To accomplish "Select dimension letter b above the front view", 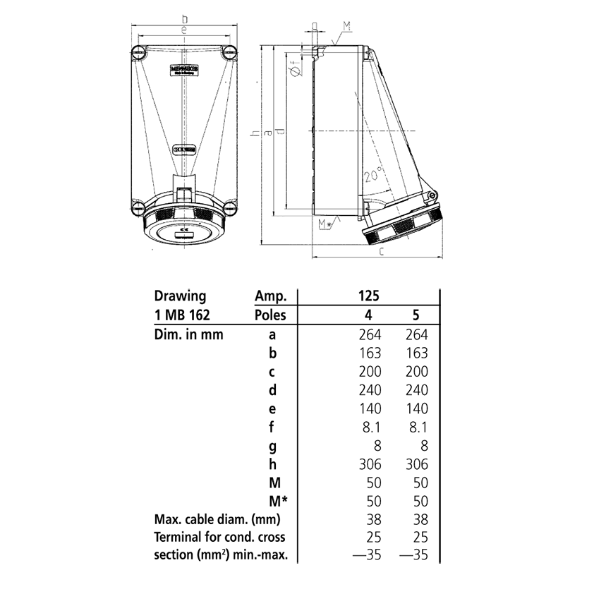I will pyautogui.click(x=184, y=18).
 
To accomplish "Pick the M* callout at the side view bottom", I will pyautogui.click(x=326, y=224).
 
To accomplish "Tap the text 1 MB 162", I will pyautogui.click(x=182, y=315).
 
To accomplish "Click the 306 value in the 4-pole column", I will pyautogui.click(x=369, y=464).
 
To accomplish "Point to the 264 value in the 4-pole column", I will pyautogui.click(x=369, y=334).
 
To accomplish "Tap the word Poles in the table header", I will pyautogui.click(x=271, y=315).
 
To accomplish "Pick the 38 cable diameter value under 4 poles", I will pyautogui.click(x=373, y=520).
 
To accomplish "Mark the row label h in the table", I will pyautogui.click(x=272, y=464).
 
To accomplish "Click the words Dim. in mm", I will pyautogui.click(x=188, y=334).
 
